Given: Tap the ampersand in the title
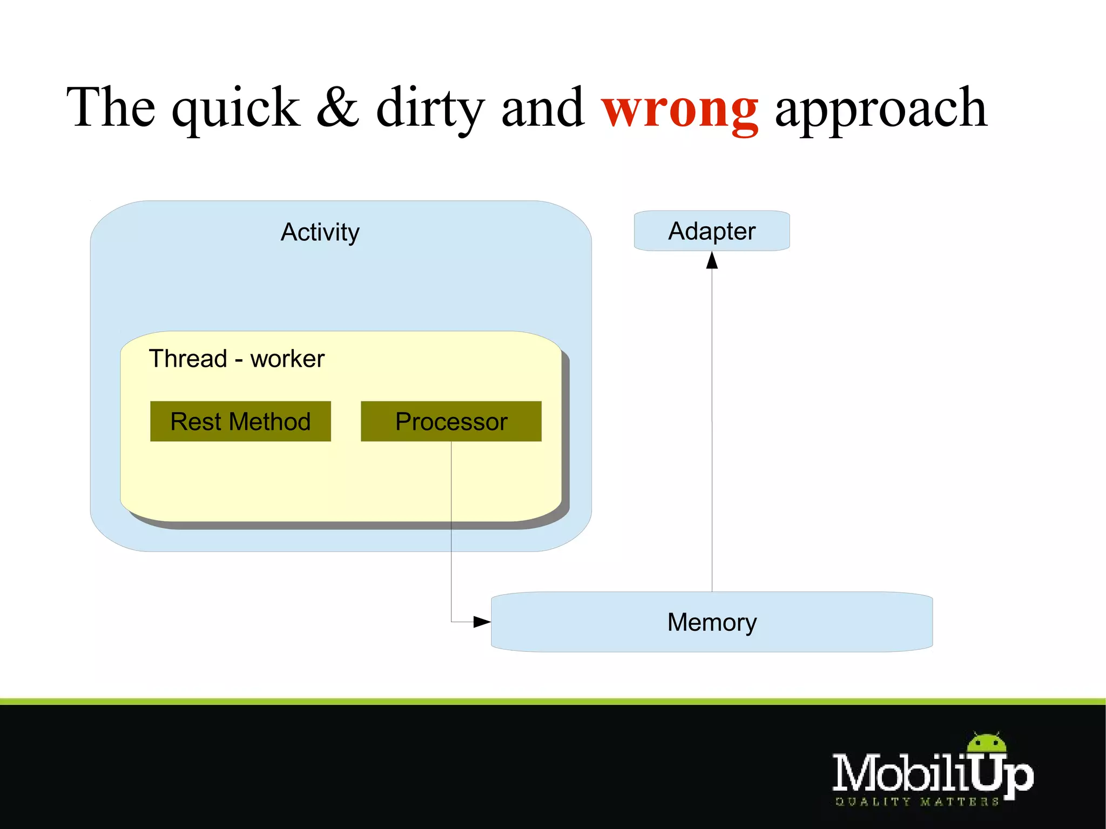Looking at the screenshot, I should (338, 107).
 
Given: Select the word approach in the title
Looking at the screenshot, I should (881, 111).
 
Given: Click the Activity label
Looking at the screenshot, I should (320, 232).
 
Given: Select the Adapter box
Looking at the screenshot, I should (711, 231).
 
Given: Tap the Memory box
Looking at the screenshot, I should (711, 622).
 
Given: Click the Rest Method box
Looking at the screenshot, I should (240, 421).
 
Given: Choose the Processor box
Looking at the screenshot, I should (451, 421).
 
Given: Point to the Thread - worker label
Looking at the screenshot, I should (237, 359).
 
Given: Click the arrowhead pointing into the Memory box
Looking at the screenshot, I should (482, 622).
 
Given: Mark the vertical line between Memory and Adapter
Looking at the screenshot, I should (712, 432).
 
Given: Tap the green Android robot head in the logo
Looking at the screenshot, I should (987, 743).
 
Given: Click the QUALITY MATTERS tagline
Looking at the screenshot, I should (916, 801).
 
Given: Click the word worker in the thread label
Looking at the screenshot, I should (287, 359).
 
